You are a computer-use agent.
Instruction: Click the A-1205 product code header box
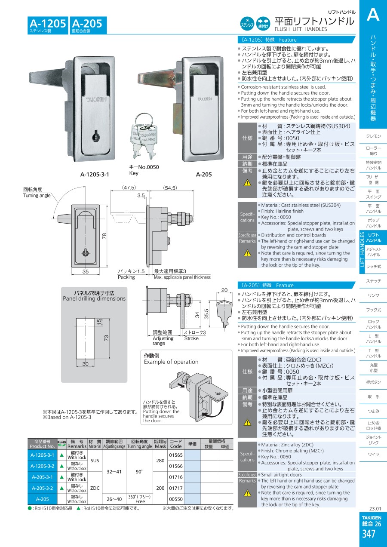(48, 25)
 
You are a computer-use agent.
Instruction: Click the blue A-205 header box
(87, 25)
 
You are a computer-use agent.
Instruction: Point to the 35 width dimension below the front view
(85, 272)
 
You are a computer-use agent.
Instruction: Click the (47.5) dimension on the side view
(129, 187)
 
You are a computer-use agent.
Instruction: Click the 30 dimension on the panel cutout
(85, 364)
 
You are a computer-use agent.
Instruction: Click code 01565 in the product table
(176, 455)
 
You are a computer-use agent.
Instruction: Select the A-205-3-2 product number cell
(42, 488)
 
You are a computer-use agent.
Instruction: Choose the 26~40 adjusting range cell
(114, 499)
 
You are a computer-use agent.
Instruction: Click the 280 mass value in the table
(160, 461)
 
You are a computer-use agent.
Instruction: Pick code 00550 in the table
(176, 499)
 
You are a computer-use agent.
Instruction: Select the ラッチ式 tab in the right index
(374, 267)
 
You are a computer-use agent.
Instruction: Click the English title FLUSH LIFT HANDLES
(301, 29)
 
